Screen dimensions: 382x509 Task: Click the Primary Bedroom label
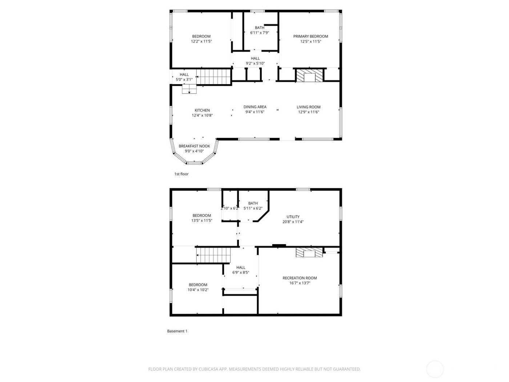pyautogui.click(x=310, y=36)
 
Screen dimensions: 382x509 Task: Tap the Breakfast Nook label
pyautogui.click(x=194, y=146)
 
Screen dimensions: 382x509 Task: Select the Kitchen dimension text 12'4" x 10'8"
pyautogui.click(x=202, y=115)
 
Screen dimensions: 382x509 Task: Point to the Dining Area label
pyautogui.click(x=255, y=107)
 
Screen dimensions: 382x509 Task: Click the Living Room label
pyautogui.click(x=308, y=107)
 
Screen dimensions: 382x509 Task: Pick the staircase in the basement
pyautogui.click(x=213, y=255)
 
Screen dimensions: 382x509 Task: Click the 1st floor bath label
pyautogui.click(x=260, y=28)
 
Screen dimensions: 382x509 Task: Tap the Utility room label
pyautogui.click(x=293, y=217)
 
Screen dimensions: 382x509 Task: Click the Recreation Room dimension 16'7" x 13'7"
pyautogui.click(x=300, y=283)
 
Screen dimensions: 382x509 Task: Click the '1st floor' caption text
pyautogui.click(x=181, y=174)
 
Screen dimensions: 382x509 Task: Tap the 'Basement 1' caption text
pyautogui.click(x=177, y=331)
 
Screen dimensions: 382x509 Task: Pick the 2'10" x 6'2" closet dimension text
pyautogui.click(x=230, y=208)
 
